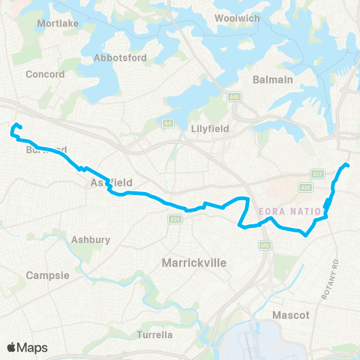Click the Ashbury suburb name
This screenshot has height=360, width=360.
tap(91, 239)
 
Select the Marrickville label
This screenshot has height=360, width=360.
tap(195, 262)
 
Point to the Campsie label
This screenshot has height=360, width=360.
tap(48, 275)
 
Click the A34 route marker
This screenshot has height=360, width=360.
tap(175, 219)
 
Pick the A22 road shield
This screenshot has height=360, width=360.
tap(317, 173)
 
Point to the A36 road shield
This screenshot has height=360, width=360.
tap(304, 187)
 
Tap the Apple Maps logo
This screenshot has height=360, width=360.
tap(27, 347)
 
